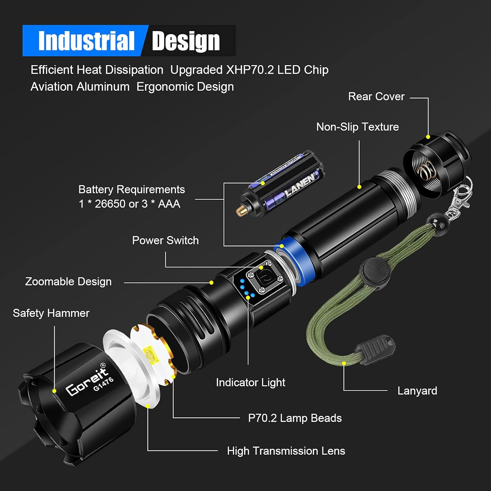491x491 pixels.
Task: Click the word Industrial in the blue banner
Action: coord(86,41)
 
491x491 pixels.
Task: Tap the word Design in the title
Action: coord(186,41)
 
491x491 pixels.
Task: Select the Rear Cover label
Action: coord(376,97)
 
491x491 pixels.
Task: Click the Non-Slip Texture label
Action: coord(357,127)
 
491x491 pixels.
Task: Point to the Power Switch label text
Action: coord(165,241)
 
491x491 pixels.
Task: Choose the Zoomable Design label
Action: coord(68,282)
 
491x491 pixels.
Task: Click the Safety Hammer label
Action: coord(51,313)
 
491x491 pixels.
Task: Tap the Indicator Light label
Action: coord(250,382)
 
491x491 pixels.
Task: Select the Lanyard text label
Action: coord(417,391)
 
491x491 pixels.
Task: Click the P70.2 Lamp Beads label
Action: coord(295,418)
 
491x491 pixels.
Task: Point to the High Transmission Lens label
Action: coord(286,451)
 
